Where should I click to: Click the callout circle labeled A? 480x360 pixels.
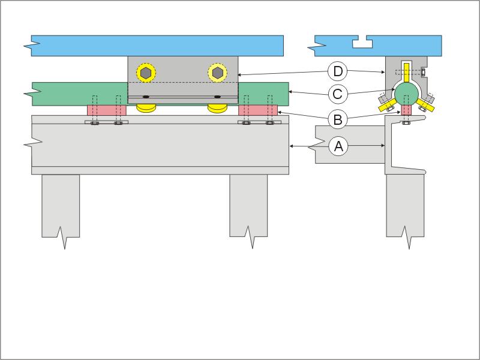pos(338,146)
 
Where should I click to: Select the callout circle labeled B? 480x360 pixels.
pos(338,119)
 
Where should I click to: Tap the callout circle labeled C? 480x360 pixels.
pos(338,94)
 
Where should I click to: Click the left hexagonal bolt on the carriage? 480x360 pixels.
pos(146,72)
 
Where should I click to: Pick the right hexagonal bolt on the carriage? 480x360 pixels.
pos(218,72)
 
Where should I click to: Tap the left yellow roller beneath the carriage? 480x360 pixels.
pos(146,108)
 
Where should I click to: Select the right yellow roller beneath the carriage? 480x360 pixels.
pos(218,108)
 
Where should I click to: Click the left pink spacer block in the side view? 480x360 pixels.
pos(107,110)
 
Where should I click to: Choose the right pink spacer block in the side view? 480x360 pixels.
pos(258,110)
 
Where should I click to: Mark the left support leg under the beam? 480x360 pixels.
pos(61,207)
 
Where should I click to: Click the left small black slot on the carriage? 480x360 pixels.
pos(146,97)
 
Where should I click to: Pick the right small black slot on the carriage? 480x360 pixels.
pos(217,97)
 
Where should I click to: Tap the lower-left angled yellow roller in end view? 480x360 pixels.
pos(386,105)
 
